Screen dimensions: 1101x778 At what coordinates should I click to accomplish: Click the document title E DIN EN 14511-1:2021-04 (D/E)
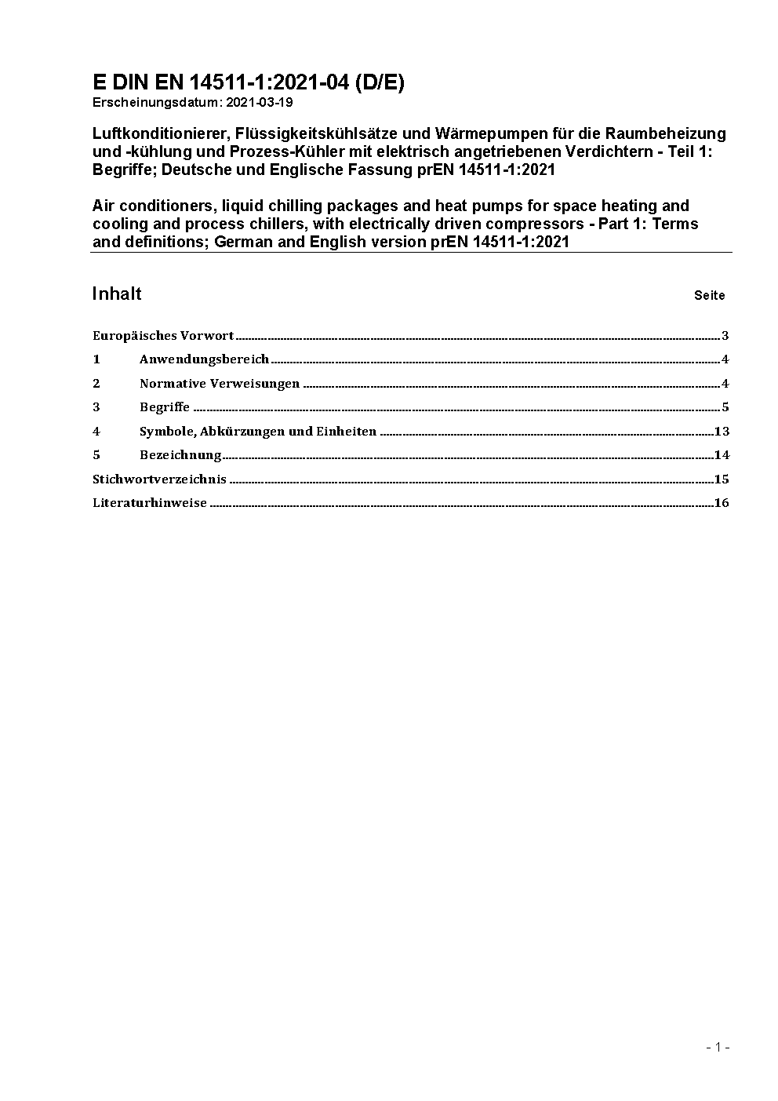pyautogui.click(x=249, y=82)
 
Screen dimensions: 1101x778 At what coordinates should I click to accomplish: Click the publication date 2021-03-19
pyautogui.click(x=259, y=102)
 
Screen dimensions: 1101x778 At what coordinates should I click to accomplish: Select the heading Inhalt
pyautogui.click(x=117, y=293)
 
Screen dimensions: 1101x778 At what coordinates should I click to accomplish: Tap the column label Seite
pyautogui.click(x=709, y=296)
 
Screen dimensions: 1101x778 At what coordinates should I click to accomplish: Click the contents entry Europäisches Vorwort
pyautogui.click(x=163, y=336)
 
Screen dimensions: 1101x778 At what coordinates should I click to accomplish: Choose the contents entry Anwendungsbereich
pyautogui.click(x=204, y=359)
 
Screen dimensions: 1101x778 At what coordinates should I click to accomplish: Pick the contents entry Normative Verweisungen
pyautogui.click(x=220, y=384)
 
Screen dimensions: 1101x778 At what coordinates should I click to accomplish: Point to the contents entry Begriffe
pyautogui.click(x=165, y=407)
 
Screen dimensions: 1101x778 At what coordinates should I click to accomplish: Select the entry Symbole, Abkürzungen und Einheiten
pyautogui.click(x=258, y=432)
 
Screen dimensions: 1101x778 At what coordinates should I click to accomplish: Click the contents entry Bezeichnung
pyautogui.click(x=180, y=455)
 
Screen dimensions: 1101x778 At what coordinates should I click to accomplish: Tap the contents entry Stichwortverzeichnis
pyautogui.click(x=159, y=479)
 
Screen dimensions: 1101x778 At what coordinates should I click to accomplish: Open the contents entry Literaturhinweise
pyautogui.click(x=150, y=503)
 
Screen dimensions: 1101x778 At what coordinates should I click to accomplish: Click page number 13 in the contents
pyautogui.click(x=722, y=432)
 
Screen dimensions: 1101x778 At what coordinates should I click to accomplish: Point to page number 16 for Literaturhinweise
pyautogui.click(x=722, y=503)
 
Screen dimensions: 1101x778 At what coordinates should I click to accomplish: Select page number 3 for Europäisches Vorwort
pyautogui.click(x=725, y=336)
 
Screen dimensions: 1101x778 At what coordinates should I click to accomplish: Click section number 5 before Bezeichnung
pyautogui.click(x=96, y=455)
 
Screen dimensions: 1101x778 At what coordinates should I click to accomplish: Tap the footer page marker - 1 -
pyautogui.click(x=718, y=1047)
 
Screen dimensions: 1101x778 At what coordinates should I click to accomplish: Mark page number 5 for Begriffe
pyautogui.click(x=725, y=407)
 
